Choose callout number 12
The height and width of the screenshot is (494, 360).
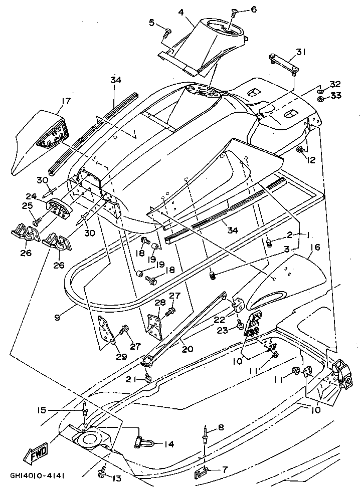pyautogui.click(x=311, y=160)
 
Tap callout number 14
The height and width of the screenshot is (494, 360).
pyautogui.click(x=168, y=443)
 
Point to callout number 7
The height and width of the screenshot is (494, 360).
pyautogui.click(x=224, y=470)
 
